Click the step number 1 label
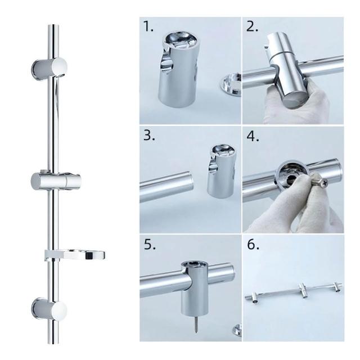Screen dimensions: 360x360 pos(148,26)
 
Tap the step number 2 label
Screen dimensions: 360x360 pos(252,26)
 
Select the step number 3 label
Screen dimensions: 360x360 pos(149,135)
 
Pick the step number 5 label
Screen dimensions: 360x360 pos(150,244)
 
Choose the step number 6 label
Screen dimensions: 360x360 pos(253,244)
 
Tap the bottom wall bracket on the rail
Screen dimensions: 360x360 pos(49,308)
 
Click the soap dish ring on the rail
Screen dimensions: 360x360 pos(75,255)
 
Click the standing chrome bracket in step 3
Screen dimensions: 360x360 pos(221,171)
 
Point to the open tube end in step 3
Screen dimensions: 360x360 pos(190,182)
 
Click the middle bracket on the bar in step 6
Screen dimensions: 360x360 pos(303,290)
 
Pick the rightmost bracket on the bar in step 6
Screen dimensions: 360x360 pos(338,286)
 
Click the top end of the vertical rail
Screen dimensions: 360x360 pos(53,25)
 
